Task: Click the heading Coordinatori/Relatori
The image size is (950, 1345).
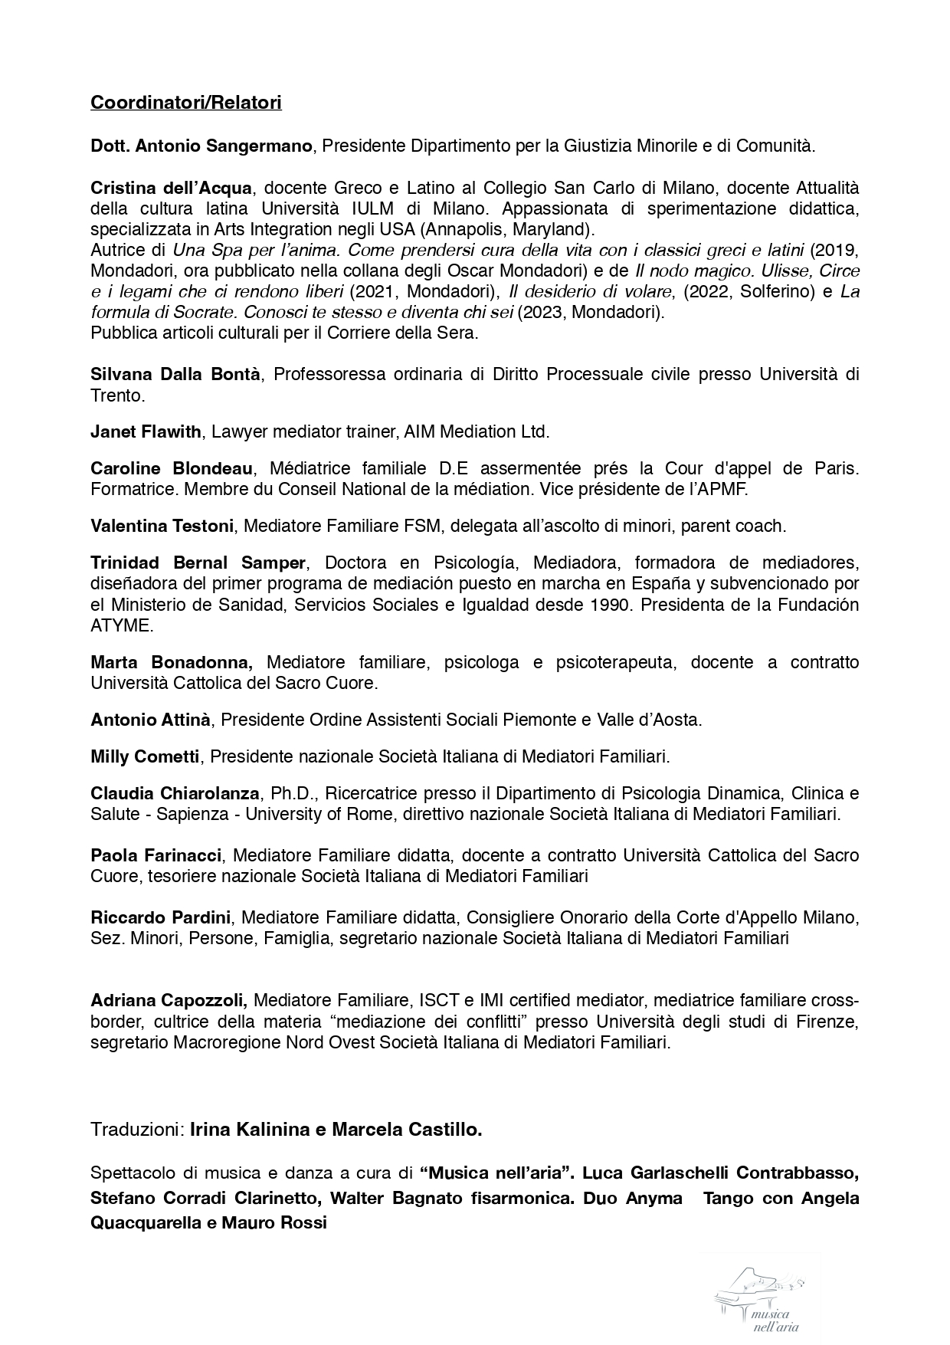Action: click(x=185, y=102)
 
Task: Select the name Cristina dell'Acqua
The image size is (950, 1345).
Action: click(x=171, y=188)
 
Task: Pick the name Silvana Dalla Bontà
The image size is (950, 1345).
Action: click(x=175, y=374)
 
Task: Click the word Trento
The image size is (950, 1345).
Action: click(x=116, y=395)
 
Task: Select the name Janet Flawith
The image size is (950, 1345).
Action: click(x=146, y=431)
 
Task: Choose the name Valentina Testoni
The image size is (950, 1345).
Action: click(x=162, y=526)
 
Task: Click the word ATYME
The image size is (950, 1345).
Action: click(x=120, y=625)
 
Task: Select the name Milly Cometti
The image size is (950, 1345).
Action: click(x=145, y=756)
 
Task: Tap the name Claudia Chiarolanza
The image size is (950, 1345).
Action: click(x=175, y=793)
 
